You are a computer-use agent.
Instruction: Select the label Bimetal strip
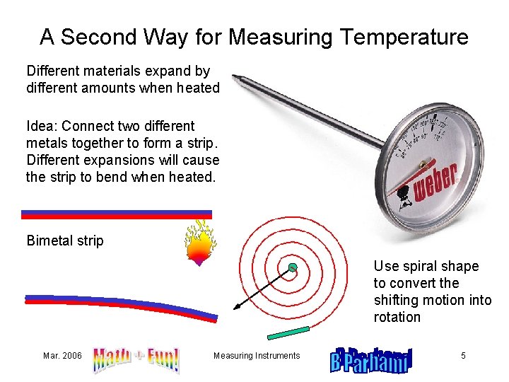[x=65, y=241]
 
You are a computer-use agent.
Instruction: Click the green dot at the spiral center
[x=292, y=267]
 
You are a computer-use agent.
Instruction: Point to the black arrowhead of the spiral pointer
[x=236, y=308]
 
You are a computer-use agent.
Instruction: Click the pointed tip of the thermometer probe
[x=235, y=77]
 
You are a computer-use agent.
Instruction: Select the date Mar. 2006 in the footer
[x=62, y=356]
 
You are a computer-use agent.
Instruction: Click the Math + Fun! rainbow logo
[x=136, y=359]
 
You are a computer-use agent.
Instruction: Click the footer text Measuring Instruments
[x=257, y=356]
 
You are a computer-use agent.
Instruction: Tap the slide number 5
[x=463, y=356]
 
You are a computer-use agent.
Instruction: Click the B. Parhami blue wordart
[x=371, y=359]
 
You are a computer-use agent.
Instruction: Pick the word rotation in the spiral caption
[x=397, y=317]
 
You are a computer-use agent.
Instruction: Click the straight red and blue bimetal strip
[x=117, y=214]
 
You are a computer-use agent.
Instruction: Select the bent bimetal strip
[x=120, y=306]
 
